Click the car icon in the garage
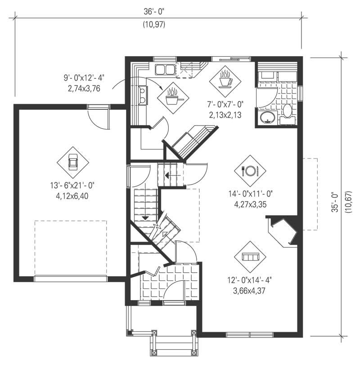(73, 162)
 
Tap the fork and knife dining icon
(250, 171)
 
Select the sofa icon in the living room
(250, 257)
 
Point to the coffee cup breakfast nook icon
(225, 80)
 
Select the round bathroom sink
(268, 118)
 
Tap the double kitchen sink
(165, 70)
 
